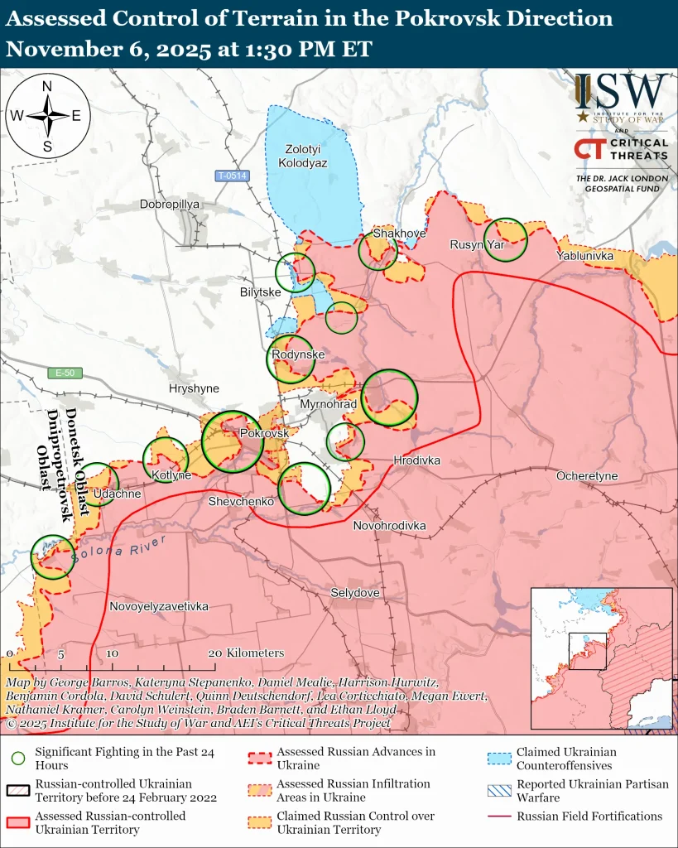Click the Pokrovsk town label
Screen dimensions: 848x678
pyautogui.click(x=264, y=433)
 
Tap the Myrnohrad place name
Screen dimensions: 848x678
pyautogui.click(x=329, y=404)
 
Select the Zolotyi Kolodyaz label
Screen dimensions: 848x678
pyautogui.click(x=306, y=157)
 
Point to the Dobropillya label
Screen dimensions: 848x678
pyautogui.click(x=171, y=204)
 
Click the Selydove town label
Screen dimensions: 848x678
pyautogui.click(x=355, y=593)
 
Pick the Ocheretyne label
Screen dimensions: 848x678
pyautogui.click(x=587, y=476)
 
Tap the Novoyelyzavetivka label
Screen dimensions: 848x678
pyautogui.click(x=159, y=606)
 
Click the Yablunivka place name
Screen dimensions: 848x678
pyautogui.click(x=585, y=256)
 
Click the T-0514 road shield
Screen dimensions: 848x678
pyautogui.click(x=232, y=176)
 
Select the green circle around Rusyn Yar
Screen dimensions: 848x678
pyautogui.click(x=505, y=239)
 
